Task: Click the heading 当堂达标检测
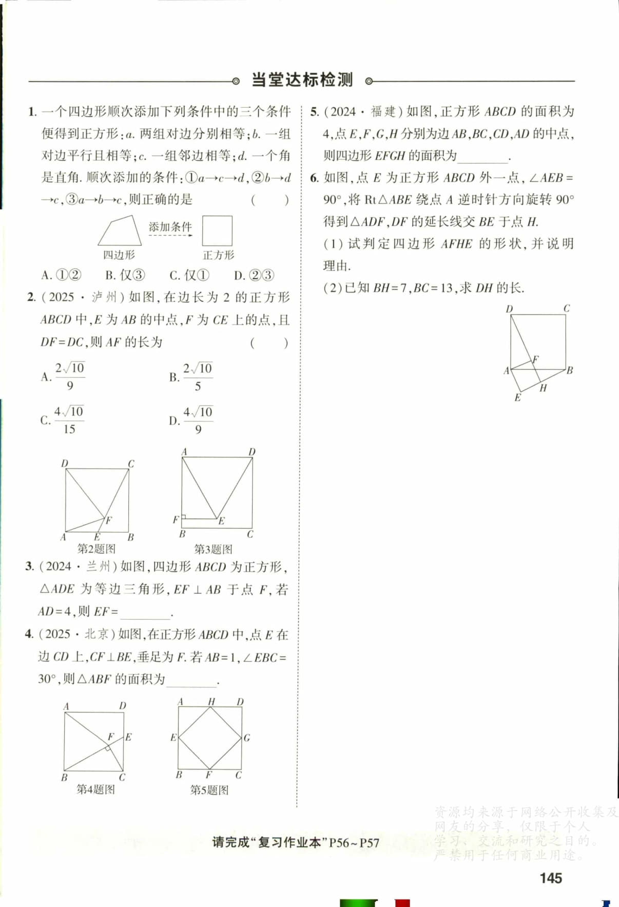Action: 302,80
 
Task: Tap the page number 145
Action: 551,878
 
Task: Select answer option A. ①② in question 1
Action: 61,275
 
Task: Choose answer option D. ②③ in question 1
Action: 254,275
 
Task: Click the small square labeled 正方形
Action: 217,231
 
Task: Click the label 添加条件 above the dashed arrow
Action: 170,226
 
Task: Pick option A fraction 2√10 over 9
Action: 70,376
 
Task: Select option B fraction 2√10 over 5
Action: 198,377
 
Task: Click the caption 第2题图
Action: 96,549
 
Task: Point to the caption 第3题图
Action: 213,549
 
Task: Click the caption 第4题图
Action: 95,789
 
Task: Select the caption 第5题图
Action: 209,789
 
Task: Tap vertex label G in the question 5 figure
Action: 247,738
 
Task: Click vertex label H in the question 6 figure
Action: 543,388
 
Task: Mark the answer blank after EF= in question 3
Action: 145,612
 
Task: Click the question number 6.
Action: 314,178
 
